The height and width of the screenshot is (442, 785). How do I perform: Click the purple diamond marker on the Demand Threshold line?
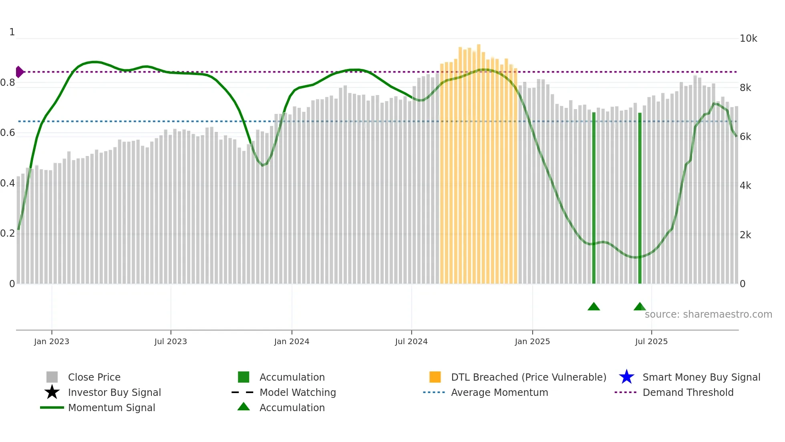pyautogui.click(x=19, y=72)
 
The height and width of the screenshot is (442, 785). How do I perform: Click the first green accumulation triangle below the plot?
pyautogui.click(x=594, y=307)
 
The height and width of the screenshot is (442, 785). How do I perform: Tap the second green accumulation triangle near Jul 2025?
pyautogui.click(x=640, y=307)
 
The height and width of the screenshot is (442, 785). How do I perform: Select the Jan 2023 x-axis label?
pyautogui.click(x=52, y=341)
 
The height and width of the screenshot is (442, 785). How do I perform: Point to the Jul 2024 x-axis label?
pyautogui.click(x=411, y=341)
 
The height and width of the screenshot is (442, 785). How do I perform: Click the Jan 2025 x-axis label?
pyautogui.click(x=532, y=341)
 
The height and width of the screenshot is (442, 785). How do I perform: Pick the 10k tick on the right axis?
pyautogui.click(x=748, y=39)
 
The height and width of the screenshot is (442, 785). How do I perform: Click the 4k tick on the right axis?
pyautogui.click(x=745, y=186)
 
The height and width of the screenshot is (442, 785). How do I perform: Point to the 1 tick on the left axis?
pyautogui.click(x=12, y=32)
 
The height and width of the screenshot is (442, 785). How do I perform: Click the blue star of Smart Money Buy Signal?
pyautogui.click(x=626, y=377)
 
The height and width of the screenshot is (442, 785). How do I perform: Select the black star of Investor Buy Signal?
pyautogui.click(x=52, y=392)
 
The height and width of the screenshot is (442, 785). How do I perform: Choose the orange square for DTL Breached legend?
pyautogui.click(x=435, y=377)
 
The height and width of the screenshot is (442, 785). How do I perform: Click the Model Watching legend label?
pyautogui.click(x=298, y=392)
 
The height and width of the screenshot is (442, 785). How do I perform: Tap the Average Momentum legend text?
pyautogui.click(x=499, y=392)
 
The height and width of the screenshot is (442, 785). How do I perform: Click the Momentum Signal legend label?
pyautogui.click(x=111, y=408)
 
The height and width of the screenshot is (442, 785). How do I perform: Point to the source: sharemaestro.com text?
pyautogui.click(x=708, y=314)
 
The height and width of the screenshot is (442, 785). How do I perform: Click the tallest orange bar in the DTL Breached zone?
pyautogui.click(x=479, y=160)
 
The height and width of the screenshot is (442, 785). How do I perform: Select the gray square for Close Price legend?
pyautogui.click(x=52, y=377)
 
